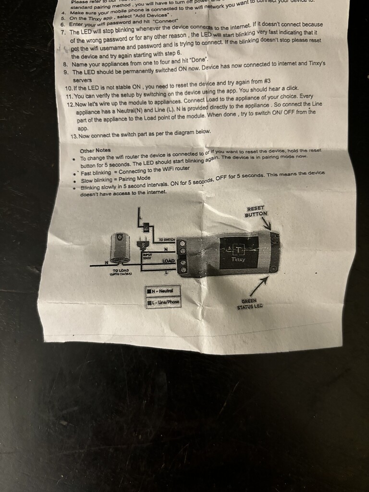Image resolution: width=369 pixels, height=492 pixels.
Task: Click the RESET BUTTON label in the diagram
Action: point(255,211)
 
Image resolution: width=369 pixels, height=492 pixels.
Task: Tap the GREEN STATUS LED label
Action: point(250,304)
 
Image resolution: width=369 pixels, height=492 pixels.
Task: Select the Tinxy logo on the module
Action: point(238,252)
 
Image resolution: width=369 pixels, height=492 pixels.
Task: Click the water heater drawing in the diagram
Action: point(119,247)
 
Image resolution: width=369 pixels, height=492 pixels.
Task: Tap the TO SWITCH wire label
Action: point(167,240)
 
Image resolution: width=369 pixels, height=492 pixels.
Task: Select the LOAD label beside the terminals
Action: point(168,261)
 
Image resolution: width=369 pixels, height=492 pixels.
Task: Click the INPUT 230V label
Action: point(147,256)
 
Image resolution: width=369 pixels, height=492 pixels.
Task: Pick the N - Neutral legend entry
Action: point(162,291)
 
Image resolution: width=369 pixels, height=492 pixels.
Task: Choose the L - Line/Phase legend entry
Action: point(163,303)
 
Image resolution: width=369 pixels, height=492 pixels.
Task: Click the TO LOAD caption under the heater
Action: point(120,272)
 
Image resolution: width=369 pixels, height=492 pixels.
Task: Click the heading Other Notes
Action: point(95,150)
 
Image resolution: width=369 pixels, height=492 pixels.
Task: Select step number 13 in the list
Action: point(74,136)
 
